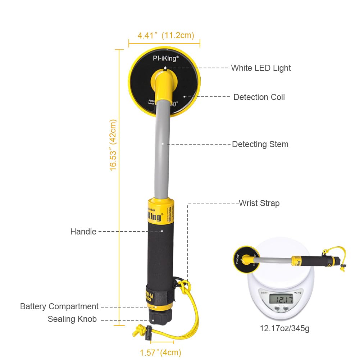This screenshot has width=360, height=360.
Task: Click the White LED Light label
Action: point(261,68)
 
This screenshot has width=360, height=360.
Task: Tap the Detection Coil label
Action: point(259,97)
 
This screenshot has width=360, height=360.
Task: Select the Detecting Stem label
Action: point(260,145)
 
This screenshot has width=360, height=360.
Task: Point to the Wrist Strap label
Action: point(259,203)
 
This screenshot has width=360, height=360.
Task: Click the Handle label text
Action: point(83,232)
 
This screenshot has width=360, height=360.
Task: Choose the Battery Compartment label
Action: point(59,306)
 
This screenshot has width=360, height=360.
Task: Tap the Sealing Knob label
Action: point(72,319)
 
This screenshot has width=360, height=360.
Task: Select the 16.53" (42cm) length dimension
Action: point(114,145)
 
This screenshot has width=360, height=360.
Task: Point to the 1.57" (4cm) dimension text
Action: point(160,352)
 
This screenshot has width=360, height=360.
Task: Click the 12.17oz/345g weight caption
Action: point(284,328)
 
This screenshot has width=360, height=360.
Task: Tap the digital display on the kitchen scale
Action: point(281,299)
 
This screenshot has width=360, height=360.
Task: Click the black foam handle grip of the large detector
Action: point(160,252)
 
